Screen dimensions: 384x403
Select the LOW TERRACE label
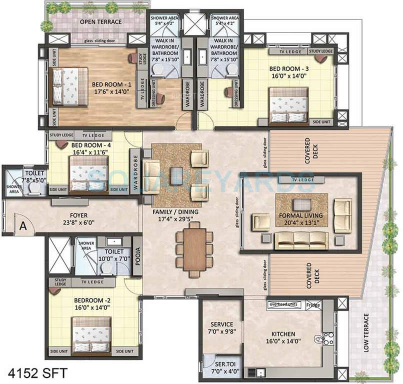[x=366, y=332]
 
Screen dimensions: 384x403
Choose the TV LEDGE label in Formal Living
[x=303, y=179]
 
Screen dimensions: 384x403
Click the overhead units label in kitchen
[x=284, y=304]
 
